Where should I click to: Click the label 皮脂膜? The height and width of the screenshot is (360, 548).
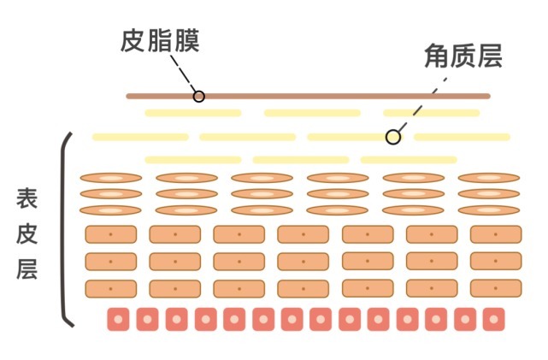coord(159,40)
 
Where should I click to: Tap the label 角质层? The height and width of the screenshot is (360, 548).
coord(462,56)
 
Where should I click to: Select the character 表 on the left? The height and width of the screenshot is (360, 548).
coord(27,198)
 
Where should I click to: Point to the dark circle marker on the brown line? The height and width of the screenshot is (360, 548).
coord(198,96)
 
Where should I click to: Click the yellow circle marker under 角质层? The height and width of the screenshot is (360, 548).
coord(392,137)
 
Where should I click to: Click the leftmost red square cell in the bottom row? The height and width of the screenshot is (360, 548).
coord(118,319)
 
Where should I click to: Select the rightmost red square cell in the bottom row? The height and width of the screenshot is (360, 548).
coord(493,319)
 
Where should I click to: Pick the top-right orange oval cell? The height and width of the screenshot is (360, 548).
coord(489,178)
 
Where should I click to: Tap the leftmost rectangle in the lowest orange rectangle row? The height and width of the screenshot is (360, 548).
coord(110,288)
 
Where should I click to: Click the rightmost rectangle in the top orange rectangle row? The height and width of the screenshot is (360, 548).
coord(496,234)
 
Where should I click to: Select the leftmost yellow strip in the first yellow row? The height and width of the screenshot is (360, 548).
coord(192,113)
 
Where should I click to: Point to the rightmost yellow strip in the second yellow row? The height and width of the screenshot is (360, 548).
coord(462,137)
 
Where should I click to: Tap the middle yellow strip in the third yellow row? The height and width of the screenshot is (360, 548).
coord(300,159)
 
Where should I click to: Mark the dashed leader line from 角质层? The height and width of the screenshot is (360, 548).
coord(424,99)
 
